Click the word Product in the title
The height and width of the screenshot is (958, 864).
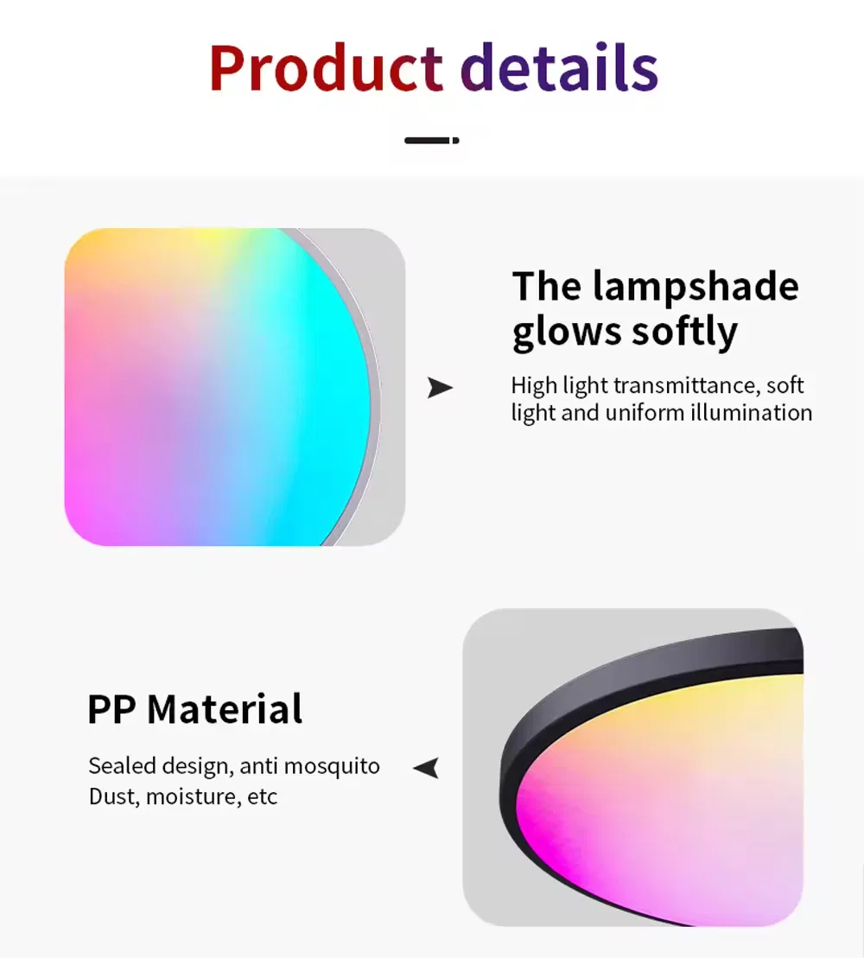point(326,69)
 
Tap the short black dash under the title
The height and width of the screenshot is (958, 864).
point(432,140)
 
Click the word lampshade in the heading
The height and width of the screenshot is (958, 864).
point(696,286)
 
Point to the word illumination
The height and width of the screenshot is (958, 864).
point(750,413)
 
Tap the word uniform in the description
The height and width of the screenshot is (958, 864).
point(645,413)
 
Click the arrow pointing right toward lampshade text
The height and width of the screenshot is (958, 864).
point(440,389)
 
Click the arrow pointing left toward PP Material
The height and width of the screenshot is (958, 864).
point(426,767)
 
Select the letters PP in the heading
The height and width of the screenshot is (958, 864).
point(111,709)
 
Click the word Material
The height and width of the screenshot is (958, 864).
point(225,709)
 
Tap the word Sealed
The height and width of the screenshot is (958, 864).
point(122,766)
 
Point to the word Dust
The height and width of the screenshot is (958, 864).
point(114,796)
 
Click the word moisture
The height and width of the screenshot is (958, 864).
point(191,796)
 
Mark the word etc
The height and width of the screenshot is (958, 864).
point(263,796)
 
